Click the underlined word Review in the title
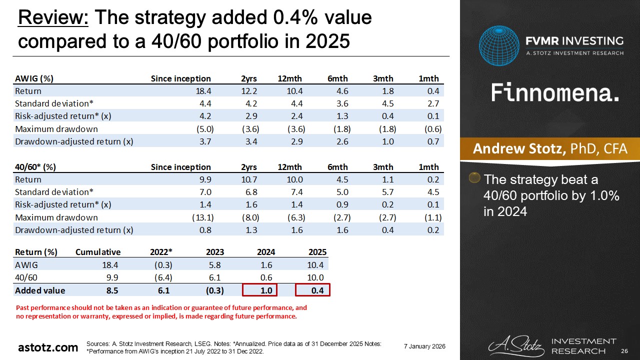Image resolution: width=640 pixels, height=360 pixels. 53,18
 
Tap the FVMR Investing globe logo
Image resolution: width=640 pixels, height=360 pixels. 498,45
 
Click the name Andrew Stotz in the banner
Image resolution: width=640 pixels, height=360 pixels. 519,149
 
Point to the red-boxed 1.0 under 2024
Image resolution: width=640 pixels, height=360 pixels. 259,290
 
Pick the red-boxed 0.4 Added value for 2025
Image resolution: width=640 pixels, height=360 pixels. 312,290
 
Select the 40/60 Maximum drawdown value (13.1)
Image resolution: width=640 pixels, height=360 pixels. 203,217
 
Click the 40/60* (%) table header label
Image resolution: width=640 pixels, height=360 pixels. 35,167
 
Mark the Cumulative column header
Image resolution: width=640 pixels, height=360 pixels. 98,252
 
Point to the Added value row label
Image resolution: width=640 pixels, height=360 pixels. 40,290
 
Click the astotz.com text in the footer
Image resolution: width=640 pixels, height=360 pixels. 48,347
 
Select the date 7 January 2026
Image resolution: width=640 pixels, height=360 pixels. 424,346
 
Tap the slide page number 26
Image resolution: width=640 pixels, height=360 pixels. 623,351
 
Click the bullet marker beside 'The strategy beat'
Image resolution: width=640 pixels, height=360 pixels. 475,177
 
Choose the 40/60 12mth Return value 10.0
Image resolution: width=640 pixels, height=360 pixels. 295,179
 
